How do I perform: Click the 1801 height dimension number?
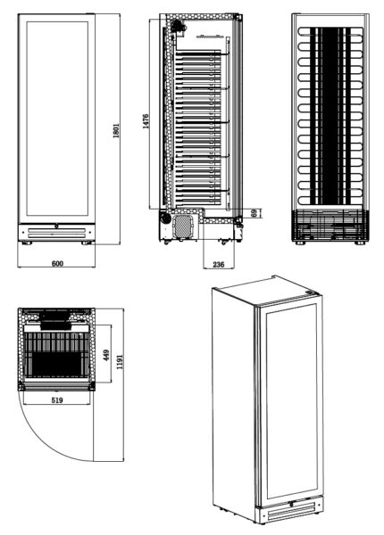116,130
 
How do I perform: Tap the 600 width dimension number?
57,263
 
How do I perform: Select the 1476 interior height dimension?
146,121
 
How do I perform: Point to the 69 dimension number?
254,213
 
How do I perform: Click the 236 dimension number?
219,264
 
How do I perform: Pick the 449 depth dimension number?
106,355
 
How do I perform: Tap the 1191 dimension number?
120,362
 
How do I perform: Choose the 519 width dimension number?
57,399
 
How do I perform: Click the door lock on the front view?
56,226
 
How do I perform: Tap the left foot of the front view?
27,243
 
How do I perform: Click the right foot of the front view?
87,243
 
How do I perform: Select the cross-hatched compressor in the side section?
184,226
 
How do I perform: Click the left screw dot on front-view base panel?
23,232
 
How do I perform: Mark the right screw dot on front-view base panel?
90,232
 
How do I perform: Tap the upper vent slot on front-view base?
57,230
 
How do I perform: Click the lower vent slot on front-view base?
57,235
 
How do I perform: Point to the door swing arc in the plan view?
44,441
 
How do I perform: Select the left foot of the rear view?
300,243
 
